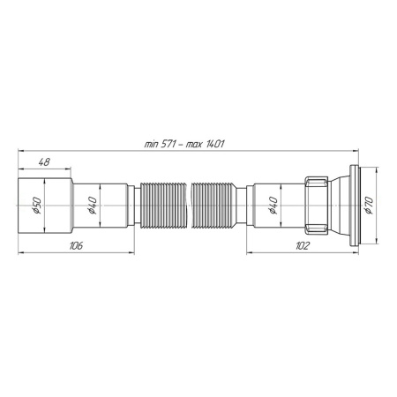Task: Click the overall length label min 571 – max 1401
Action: pos(183,143)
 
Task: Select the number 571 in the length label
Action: pos(167,143)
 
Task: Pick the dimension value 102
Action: pos(302,246)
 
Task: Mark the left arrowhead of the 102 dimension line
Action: pos(248,253)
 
